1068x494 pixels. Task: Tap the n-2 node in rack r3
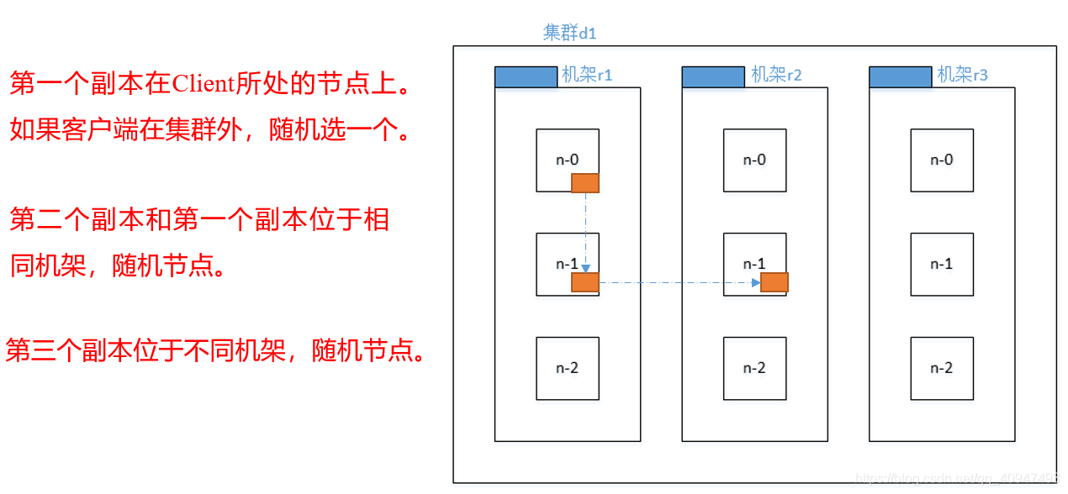click(x=942, y=368)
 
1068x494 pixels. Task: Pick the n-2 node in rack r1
click(x=568, y=368)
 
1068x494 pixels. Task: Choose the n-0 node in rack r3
click(x=942, y=160)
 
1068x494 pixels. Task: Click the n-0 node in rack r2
click(x=754, y=160)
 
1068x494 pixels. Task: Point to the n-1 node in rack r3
click(x=942, y=264)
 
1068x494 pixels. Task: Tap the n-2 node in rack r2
click(x=754, y=368)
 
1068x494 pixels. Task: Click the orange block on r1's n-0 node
click(x=584, y=183)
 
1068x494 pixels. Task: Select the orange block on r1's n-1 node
click(x=584, y=282)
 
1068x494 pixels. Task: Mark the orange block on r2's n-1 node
click(x=774, y=282)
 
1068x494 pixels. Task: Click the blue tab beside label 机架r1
click(x=526, y=76)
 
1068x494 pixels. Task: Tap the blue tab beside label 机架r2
click(x=712, y=76)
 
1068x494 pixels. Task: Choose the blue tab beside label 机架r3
click(x=900, y=76)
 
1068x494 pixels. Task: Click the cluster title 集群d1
click(x=569, y=33)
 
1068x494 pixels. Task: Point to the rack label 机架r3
click(x=963, y=75)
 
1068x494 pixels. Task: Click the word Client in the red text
click(x=203, y=84)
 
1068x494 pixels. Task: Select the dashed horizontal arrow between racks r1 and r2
click(x=677, y=282)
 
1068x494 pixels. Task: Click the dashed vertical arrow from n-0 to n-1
click(x=584, y=229)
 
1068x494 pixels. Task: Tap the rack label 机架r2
click(x=776, y=75)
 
